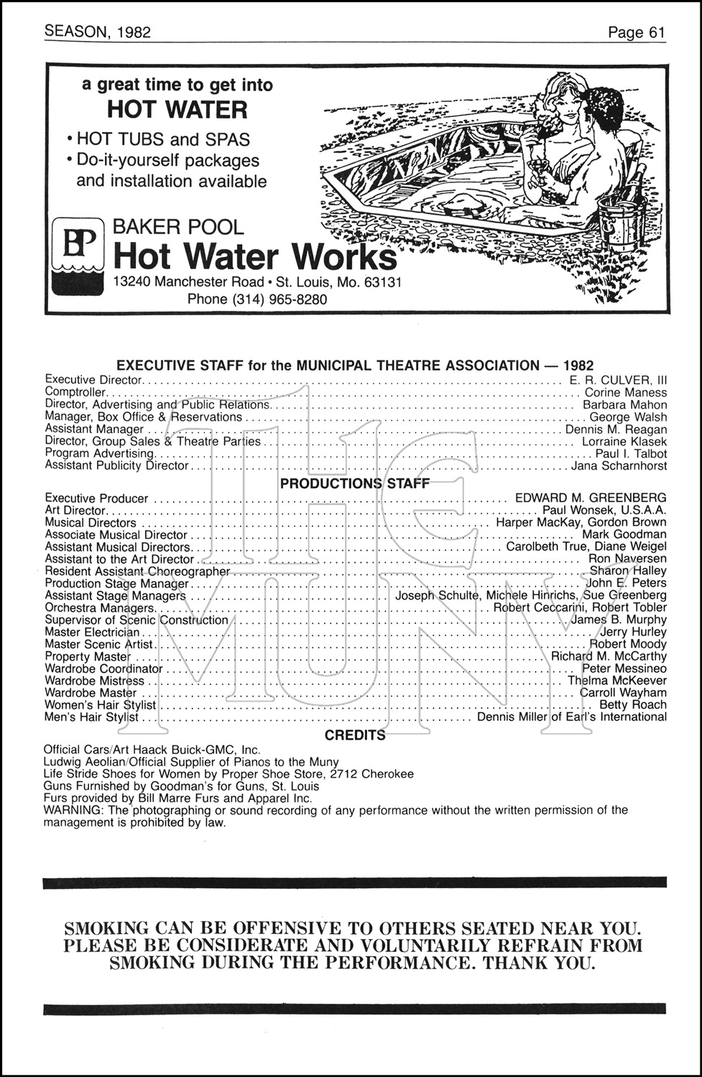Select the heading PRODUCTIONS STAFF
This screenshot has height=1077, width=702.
coord(354,484)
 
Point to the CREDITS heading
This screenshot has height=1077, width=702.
coord(355,735)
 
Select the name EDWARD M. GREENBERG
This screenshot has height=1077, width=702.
coord(591,498)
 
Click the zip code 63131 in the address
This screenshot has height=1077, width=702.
coord(383,282)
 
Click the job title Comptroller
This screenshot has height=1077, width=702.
coord(75,393)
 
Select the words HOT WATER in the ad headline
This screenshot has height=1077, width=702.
coord(177,110)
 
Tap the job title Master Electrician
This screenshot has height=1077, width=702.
coord(92,632)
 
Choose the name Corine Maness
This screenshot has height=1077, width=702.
coord(625,393)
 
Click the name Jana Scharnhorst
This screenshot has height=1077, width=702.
coord(619,466)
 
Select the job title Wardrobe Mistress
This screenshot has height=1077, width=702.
coord(94,681)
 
